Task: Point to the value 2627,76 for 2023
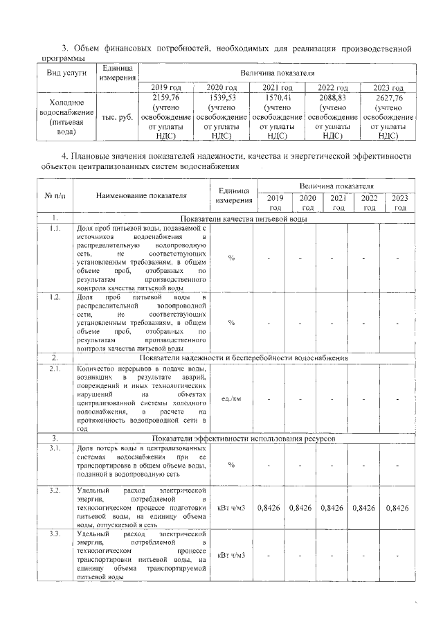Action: pos(388,98)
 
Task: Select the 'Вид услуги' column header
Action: pos(66,73)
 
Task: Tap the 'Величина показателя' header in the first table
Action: pos(277,72)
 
